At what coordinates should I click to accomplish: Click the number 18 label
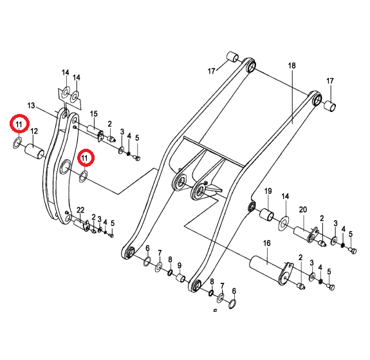tap(291, 66)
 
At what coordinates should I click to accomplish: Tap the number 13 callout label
tap(31, 106)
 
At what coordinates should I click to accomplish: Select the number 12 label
tap(34, 131)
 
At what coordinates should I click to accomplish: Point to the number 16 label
tap(266, 243)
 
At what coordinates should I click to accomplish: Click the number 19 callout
tap(268, 191)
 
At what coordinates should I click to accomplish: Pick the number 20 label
tap(303, 209)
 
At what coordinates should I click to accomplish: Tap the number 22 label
tap(80, 210)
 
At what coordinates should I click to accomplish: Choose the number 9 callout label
tap(180, 265)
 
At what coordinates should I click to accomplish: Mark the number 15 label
tap(94, 113)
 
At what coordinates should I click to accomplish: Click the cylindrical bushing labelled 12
tap(35, 151)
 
